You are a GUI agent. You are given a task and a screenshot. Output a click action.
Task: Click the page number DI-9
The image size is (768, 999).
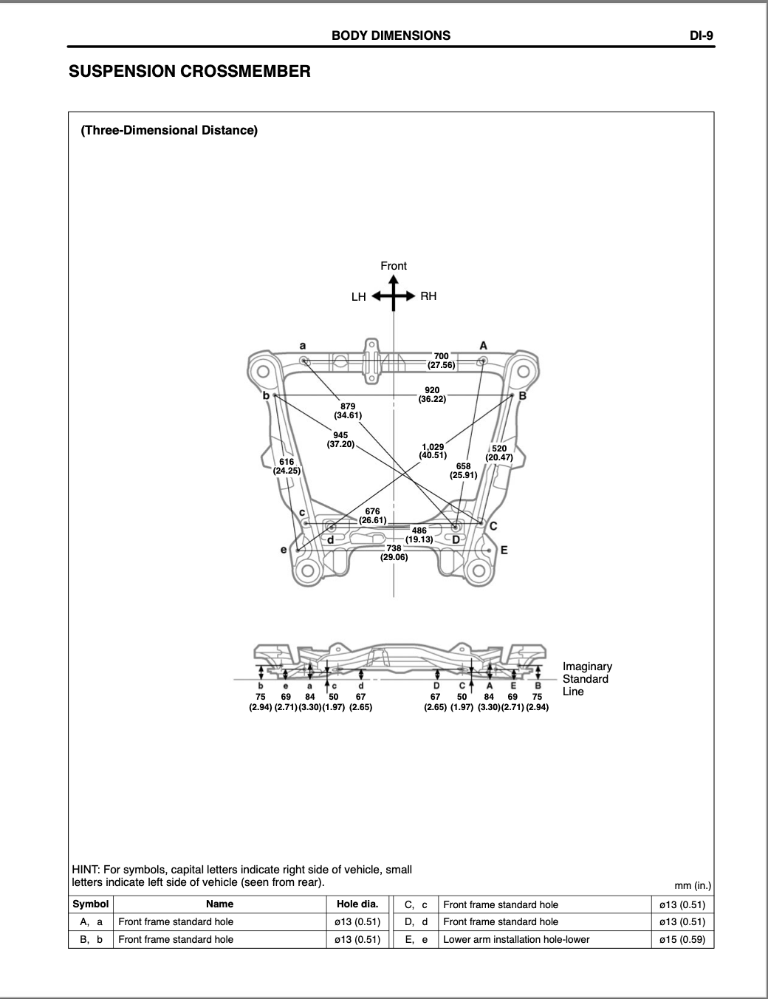point(701,36)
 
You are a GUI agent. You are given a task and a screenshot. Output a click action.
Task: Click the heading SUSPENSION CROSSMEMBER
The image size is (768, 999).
point(190,71)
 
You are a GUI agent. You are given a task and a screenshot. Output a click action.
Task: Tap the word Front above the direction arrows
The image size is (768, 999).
point(394,266)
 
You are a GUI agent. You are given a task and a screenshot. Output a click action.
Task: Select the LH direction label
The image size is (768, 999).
point(358,297)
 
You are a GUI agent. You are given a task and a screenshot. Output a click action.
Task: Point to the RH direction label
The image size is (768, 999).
point(428,296)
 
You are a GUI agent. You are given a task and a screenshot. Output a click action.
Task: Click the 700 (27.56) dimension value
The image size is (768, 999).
point(442,361)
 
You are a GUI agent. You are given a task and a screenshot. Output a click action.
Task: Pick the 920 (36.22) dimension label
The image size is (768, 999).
point(432,395)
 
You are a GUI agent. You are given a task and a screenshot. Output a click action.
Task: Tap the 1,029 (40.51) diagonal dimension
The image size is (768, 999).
point(433,451)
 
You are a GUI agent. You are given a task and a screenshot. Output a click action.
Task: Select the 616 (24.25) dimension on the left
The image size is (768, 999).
point(287,466)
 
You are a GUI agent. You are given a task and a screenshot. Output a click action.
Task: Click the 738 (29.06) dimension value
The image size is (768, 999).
point(394,553)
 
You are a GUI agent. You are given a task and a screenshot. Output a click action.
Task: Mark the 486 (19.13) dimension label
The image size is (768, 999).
point(419,535)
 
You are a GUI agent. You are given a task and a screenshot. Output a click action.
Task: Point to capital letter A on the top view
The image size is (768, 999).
point(483,346)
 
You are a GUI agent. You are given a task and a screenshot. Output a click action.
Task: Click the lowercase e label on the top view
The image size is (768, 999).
point(284,550)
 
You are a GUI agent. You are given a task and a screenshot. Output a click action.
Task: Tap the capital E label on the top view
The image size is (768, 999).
point(504,550)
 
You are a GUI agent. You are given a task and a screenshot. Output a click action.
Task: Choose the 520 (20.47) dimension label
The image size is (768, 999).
point(499,453)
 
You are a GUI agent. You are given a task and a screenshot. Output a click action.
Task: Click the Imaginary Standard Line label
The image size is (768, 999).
point(587,679)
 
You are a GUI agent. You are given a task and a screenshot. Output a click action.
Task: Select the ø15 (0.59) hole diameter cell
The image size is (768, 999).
point(682,939)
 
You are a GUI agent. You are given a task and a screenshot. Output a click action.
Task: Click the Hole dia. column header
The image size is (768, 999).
point(357,904)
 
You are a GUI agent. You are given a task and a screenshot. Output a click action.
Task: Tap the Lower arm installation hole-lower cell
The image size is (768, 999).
point(516,939)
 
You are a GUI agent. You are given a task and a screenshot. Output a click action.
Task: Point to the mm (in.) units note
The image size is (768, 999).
point(693,885)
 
